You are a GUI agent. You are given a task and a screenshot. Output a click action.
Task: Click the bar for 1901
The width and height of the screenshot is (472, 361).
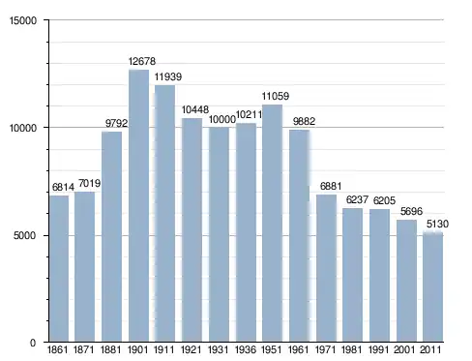[138, 205]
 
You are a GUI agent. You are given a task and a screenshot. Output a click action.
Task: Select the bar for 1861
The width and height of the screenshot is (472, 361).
[59, 268]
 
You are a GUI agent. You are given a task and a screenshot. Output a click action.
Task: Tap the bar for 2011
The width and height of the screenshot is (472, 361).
[433, 286]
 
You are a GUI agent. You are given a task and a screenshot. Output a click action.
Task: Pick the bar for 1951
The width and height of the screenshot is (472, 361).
[272, 223]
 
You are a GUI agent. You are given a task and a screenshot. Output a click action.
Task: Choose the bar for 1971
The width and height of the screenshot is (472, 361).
[326, 268]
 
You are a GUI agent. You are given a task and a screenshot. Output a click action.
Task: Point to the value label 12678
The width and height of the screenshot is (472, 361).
[142, 61]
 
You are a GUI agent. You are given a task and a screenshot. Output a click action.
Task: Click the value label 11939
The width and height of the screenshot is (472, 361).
[168, 76]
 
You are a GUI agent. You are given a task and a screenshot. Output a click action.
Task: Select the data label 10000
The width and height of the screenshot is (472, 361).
[222, 119]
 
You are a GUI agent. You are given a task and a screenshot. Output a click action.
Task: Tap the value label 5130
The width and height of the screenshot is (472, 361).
[437, 224]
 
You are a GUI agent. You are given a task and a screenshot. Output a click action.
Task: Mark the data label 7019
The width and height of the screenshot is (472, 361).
[89, 184]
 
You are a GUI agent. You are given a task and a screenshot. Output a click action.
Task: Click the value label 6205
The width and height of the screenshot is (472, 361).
[384, 200]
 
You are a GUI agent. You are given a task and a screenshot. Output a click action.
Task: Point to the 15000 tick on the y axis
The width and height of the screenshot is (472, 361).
[23, 20]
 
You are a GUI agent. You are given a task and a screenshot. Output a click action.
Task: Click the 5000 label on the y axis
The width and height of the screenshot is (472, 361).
[24, 235]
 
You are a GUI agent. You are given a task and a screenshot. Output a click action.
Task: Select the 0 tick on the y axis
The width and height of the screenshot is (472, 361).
[33, 343]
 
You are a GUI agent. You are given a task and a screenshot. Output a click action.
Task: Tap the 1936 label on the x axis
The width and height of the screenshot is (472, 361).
[246, 349]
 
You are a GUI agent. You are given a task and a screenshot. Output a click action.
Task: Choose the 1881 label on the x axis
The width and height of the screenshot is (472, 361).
[110, 349]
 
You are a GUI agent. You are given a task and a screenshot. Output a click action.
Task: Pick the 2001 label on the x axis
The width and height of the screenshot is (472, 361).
[404, 349]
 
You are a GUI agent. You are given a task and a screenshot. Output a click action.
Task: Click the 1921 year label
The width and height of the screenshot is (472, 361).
[192, 349]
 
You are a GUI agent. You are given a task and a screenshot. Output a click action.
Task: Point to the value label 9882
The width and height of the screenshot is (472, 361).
[304, 121]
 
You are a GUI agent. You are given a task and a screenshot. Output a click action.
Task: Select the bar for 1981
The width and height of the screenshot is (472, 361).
[352, 275]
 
